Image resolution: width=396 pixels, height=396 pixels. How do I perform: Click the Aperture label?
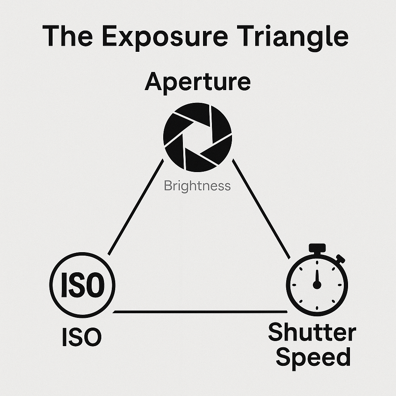198,82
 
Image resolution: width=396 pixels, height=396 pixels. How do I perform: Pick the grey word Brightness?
197,186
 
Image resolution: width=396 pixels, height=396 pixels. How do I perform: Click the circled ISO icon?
82,285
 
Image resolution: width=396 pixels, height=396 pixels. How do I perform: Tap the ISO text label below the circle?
82,337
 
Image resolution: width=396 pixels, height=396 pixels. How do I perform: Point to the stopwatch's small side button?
341,258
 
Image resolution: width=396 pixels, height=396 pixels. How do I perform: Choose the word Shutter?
312,333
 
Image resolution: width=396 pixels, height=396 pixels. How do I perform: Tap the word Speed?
313,357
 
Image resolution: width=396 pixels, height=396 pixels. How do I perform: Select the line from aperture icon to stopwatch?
261,209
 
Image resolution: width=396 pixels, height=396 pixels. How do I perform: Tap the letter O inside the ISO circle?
95,285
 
